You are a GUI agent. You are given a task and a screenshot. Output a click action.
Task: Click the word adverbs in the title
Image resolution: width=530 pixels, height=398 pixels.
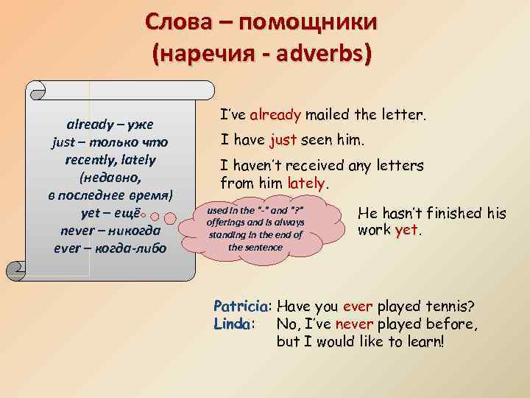pos(319,53)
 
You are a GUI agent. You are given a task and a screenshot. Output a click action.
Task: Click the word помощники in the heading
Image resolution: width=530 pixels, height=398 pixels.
pos(308,21)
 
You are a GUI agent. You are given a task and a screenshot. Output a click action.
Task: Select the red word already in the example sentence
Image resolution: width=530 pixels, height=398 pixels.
pos(275,115)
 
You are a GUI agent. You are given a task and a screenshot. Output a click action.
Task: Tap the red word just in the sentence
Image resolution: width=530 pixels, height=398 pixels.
pos(283,139)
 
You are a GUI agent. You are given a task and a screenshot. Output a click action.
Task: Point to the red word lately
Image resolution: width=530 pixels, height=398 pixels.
pos(306,183)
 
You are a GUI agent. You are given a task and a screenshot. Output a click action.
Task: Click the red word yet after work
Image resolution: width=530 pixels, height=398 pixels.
pos(406,230)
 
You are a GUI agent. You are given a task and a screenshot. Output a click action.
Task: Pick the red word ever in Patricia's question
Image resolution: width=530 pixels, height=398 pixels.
pos(358,307)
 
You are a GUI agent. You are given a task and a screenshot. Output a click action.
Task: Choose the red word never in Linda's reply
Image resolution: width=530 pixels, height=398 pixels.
pos(354,324)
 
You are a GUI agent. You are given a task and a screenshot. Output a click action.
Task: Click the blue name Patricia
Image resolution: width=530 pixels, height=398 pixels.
pos(241,306)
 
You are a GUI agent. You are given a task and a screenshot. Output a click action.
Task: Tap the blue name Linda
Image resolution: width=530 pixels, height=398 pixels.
pos(232,324)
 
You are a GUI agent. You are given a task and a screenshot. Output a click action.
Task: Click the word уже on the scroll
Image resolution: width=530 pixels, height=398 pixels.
pos(141,125)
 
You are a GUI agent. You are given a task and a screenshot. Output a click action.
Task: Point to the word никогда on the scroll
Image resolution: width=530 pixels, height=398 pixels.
pos(134,231)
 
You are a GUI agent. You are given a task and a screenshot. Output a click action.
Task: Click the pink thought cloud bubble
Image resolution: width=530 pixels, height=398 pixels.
pos(261,229)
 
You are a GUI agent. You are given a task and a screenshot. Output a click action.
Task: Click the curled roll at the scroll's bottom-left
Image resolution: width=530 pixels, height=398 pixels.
pos(15,270)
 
